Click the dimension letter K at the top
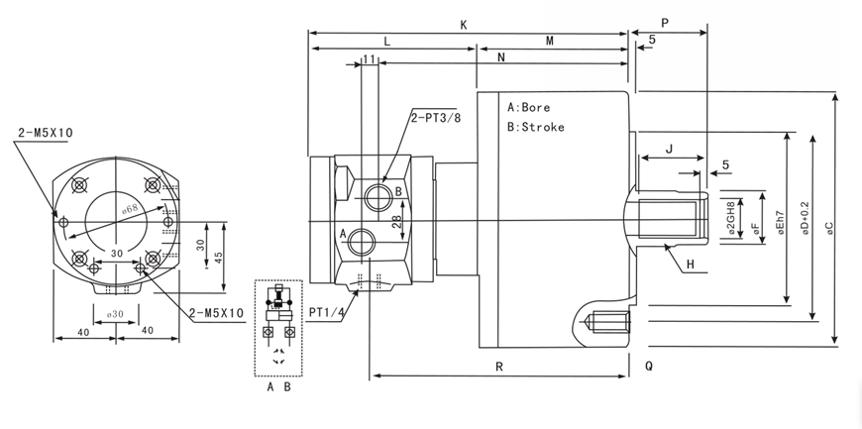[464, 24]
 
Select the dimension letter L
[387, 43]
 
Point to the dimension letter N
[501, 57]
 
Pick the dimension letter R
[500, 367]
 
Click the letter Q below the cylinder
[649, 366]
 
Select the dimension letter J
[670, 150]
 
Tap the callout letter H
[690, 263]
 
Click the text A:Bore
[528, 107]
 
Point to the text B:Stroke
[535, 127]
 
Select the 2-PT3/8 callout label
[436, 117]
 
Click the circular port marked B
[377, 196]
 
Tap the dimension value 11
[369, 60]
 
